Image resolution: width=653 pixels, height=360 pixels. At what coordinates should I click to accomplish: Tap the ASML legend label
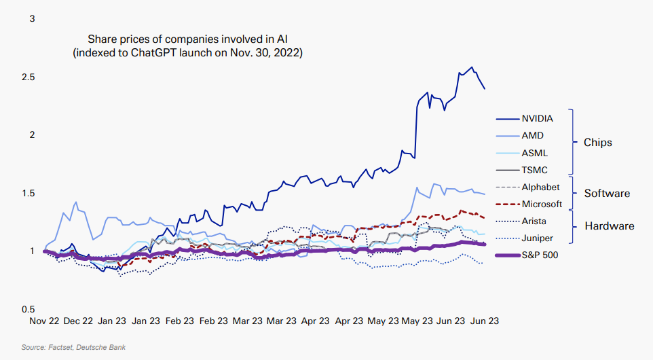point(534,153)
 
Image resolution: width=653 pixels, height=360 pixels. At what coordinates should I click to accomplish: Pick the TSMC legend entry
point(534,170)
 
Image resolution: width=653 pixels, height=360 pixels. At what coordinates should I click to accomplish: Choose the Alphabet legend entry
point(540,187)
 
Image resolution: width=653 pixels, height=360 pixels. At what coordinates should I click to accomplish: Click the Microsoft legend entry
point(542,204)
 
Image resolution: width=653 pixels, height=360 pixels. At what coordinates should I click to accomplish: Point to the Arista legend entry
point(534,221)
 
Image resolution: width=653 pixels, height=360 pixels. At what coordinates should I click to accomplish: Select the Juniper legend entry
point(536,238)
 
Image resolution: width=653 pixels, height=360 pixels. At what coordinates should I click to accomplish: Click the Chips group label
point(597,143)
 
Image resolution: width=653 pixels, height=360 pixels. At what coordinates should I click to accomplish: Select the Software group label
point(606,194)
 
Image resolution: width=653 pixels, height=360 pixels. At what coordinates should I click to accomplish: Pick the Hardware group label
point(609,226)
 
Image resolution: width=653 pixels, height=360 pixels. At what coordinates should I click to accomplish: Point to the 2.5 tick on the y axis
point(28,77)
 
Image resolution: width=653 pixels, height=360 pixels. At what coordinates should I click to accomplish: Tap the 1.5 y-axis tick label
point(28,193)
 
